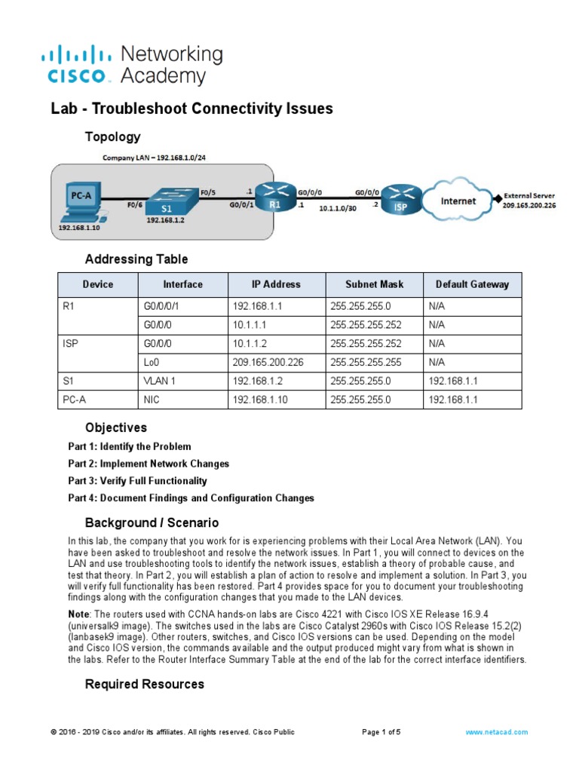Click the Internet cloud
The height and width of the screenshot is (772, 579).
pyautogui.click(x=458, y=201)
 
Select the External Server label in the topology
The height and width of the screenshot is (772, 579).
pyautogui.click(x=528, y=196)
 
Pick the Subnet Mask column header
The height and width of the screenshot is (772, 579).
pyautogui.click(x=374, y=284)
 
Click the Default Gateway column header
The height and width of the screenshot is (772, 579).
pyautogui.click(x=472, y=284)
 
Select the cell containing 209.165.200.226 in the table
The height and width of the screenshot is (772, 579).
pyautogui.click(x=268, y=362)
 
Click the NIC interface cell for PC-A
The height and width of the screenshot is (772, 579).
pyautogui.click(x=151, y=400)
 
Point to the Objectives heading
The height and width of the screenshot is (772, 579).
pyautogui.click(x=116, y=427)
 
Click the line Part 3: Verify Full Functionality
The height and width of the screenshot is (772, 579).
pyautogui.click(x=137, y=480)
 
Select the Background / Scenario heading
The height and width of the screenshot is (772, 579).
pyautogui.click(x=152, y=522)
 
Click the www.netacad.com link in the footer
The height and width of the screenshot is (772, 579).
pyautogui.click(x=496, y=732)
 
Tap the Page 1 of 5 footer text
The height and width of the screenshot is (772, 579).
pyautogui.click(x=381, y=732)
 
